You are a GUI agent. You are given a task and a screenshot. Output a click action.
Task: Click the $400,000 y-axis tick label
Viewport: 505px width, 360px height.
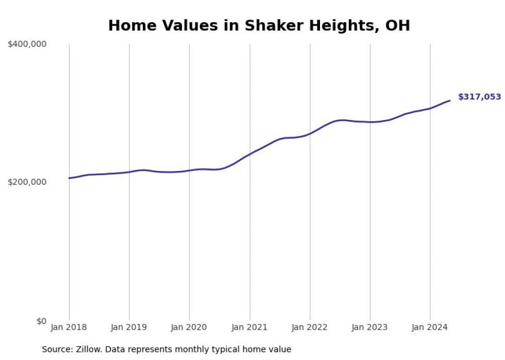pyautogui.click(x=27, y=44)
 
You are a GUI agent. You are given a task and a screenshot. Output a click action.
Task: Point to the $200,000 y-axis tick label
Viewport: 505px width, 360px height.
pyautogui.click(x=27, y=182)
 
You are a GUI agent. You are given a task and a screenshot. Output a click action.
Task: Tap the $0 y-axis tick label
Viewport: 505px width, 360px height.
pyautogui.click(x=41, y=321)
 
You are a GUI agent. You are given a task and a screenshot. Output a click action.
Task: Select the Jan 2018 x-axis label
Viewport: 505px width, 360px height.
pyautogui.click(x=69, y=328)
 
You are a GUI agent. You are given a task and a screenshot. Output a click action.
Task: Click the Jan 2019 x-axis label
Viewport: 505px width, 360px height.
pyautogui.click(x=129, y=328)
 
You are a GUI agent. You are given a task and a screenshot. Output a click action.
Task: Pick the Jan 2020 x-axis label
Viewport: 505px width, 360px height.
pyautogui.click(x=189, y=328)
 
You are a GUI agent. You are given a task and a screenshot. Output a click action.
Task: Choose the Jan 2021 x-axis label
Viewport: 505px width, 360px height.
pyautogui.click(x=250, y=328)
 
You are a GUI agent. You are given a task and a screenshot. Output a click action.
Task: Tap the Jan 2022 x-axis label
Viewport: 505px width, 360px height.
pyautogui.click(x=310, y=328)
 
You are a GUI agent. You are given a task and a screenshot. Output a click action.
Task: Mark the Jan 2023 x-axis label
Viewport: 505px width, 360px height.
pyautogui.click(x=370, y=328)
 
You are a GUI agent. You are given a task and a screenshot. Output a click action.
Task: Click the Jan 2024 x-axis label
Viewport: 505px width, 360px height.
pyautogui.click(x=430, y=328)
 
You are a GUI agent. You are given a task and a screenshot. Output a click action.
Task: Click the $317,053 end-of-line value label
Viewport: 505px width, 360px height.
pyautogui.click(x=479, y=97)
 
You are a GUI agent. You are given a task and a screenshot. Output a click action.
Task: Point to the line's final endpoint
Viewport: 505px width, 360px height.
pyautogui.click(x=450, y=100)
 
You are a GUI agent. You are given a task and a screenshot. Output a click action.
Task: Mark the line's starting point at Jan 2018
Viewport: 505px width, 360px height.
pyautogui.click(x=69, y=178)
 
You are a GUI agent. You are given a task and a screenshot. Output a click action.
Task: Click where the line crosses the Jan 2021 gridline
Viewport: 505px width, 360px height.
pyautogui.click(x=250, y=153)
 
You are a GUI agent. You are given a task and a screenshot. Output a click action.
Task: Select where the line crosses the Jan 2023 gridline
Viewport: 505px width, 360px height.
pyautogui.click(x=370, y=122)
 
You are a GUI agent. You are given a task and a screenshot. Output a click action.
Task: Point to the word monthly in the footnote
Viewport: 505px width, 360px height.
pyautogui.click(x=192, y=350)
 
